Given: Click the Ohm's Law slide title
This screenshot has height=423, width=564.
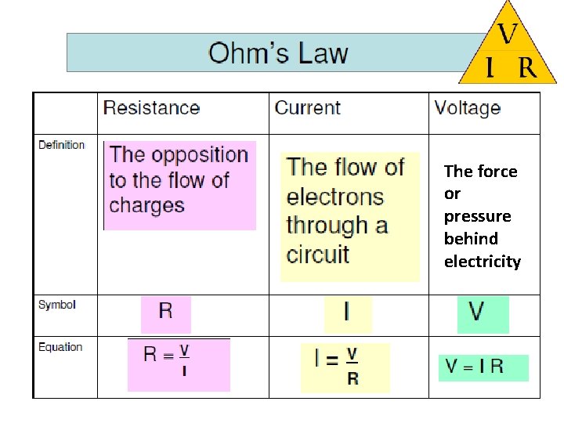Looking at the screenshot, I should [278, 53].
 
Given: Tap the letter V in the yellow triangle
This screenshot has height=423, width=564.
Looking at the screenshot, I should [507, 34].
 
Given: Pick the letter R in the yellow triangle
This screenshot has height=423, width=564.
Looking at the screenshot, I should [527, 69].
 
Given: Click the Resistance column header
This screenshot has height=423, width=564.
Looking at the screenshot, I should [151, 108].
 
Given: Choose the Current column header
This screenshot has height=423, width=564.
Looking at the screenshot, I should [307, 108].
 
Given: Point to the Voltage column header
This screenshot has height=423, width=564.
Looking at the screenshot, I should [467, 108].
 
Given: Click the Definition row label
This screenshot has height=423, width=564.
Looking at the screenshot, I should [61, 145].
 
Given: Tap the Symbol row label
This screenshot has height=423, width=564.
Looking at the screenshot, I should [56, 305].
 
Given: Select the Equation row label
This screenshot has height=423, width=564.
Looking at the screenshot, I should [60, 347].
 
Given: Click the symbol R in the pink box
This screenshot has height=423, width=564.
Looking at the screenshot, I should [165, 311].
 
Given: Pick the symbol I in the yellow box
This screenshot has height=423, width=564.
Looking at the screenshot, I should [346, 313].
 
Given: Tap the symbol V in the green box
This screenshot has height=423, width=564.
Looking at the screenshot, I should [476, 312].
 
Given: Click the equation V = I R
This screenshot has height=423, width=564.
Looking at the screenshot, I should [475, 366].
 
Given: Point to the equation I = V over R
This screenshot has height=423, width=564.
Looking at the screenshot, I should [337, 366].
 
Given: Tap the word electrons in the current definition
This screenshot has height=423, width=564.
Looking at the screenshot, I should [334, 197].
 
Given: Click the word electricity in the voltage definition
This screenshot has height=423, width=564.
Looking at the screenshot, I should [482, 262].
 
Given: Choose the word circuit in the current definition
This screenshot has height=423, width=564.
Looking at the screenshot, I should [317, 254].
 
